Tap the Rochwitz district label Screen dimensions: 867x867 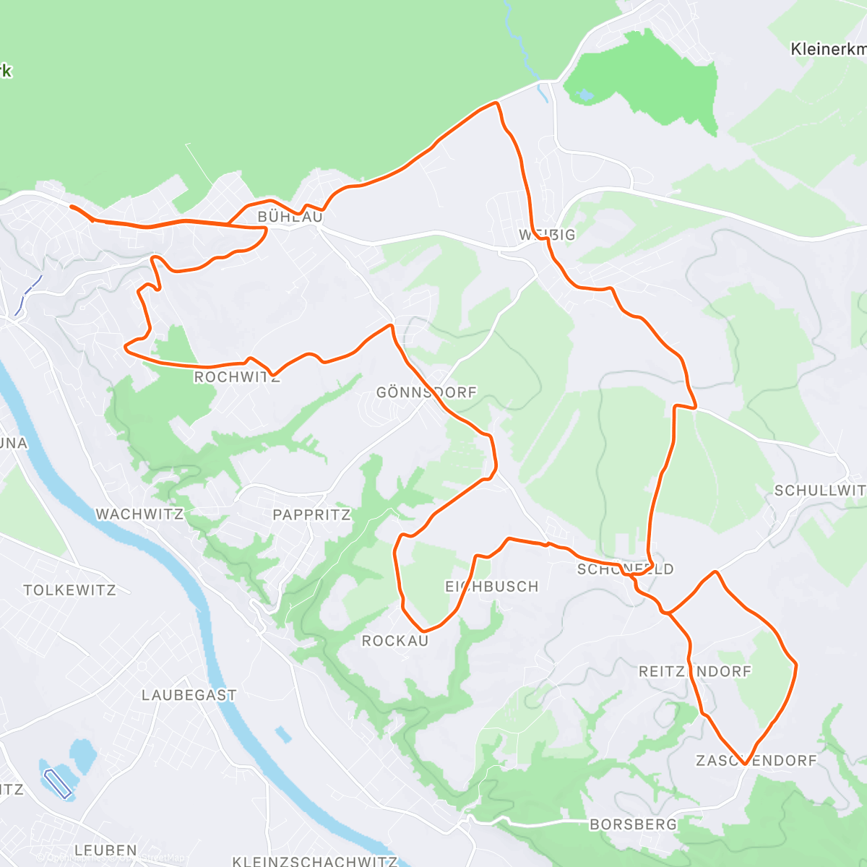tap(236, 377)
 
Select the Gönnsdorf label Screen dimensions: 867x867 tap(426, 392)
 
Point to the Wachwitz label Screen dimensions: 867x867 tap(139, 514)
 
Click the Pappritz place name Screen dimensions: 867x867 tap(311, 514)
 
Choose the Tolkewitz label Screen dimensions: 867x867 tap(69, 590)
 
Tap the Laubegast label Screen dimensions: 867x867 tap(189, 695)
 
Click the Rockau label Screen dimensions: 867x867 tap(394, 641)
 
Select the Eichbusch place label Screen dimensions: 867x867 tap(491, 587)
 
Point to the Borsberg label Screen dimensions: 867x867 tap(633, 824)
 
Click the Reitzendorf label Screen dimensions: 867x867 tap(695, 671)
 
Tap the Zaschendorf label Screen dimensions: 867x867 tap(756, 760)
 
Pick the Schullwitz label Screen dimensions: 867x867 tap(819, 491)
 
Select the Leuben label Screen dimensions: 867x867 tap(105, 850)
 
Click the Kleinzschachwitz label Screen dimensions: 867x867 tap(314, 861)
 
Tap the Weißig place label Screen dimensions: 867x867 tap(547, 235)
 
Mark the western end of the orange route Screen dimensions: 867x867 tap(71, 207)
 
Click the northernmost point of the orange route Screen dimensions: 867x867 tap(496, 103)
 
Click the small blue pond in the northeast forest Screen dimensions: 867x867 tap(585, 95)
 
